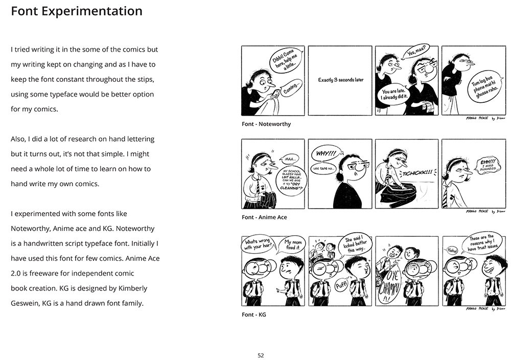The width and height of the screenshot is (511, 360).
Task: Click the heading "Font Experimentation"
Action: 77,11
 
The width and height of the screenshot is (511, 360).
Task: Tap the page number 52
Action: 261,355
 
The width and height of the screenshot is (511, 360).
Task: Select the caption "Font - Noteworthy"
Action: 266,124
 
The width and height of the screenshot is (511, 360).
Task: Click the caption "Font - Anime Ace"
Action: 264,217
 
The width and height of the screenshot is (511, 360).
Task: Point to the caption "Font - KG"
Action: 254,314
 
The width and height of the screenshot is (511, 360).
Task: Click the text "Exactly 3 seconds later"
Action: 341,80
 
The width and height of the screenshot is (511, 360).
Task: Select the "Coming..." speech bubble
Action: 292,87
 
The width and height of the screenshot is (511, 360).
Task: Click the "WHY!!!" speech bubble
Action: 326,153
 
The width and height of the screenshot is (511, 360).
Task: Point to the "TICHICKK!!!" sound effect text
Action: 416,173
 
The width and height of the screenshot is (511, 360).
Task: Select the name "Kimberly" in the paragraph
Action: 128,288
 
